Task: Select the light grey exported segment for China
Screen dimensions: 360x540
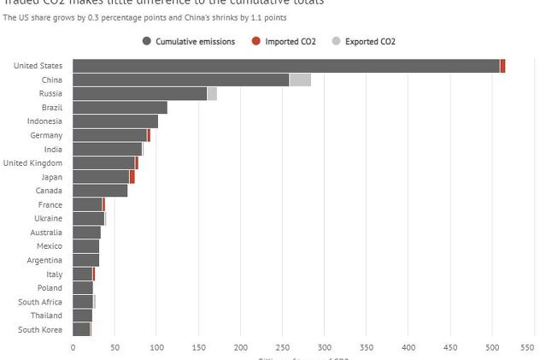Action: tap(300, 80)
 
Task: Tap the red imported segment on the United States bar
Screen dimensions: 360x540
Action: tap(502, 66)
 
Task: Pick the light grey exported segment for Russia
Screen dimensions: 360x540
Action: tap(212, 94)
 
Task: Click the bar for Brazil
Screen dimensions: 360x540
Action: tap(120, 108)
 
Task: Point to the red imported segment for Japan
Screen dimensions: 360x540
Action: tap(132, 177)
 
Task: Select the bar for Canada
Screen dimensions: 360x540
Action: tap(100, 191)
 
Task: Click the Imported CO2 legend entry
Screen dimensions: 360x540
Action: tap(284, 41)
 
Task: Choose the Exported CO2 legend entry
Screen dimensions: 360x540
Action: tap(364, 41)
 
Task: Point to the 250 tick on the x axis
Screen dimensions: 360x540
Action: tap(283, 348)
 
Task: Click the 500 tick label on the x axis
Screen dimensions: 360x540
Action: tap(493, 348)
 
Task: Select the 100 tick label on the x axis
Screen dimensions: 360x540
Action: tap(156, 348)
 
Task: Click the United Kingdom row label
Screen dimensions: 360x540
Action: tap(32, 163)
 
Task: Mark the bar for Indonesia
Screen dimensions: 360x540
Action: tap(115, 121)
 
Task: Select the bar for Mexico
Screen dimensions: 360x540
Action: tap(85, 246)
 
